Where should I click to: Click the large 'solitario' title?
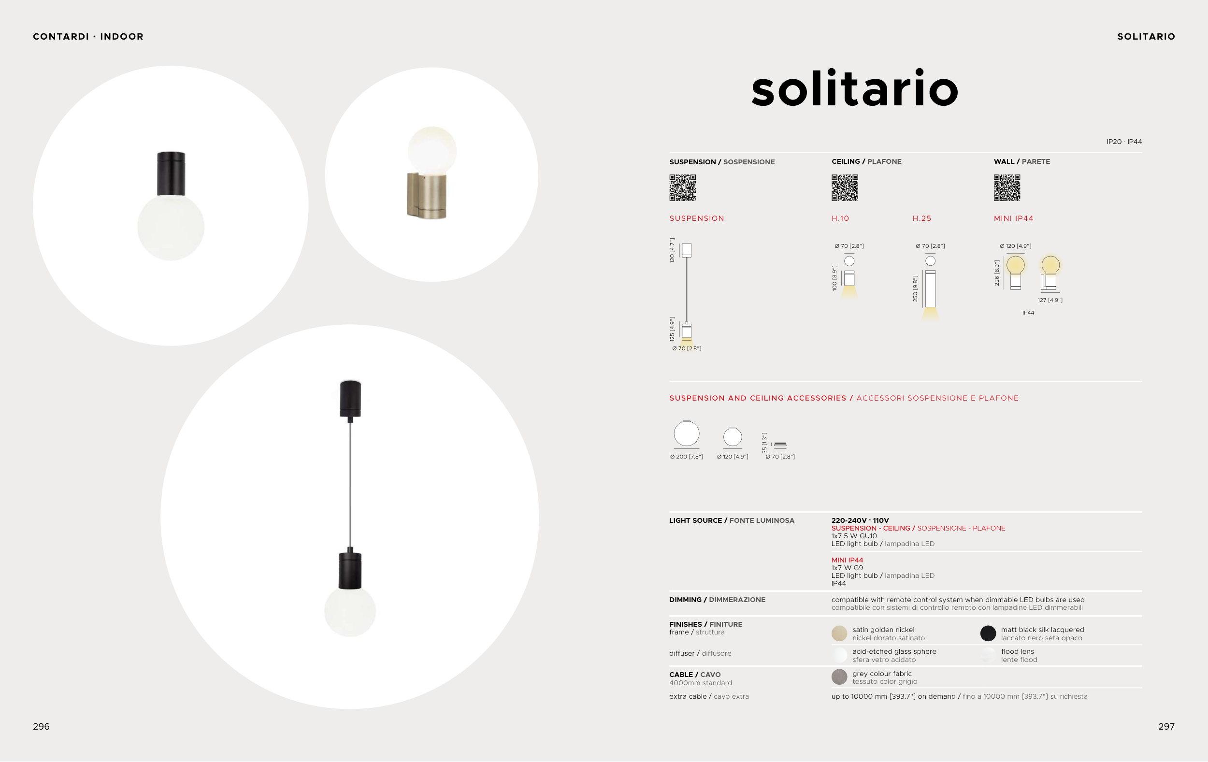(854, 88)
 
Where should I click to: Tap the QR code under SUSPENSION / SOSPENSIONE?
(683, 187)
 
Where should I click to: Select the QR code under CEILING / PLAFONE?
(845, 187)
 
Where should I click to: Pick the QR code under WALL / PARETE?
(1007, 187)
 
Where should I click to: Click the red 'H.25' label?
(921, 218)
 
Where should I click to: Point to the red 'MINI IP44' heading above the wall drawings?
(1013, 218)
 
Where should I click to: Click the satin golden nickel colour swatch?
(839, 633)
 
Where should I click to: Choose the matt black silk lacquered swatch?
(988, 633)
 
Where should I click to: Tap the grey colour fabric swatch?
(839, 677)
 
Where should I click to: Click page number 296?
(41, 726)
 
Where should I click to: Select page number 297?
(1166, 726)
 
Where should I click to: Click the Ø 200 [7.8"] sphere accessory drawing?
(686, 433)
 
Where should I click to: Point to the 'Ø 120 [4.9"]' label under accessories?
(733, 457)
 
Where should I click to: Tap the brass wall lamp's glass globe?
(432, 150)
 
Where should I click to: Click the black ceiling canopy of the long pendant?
(350, 399)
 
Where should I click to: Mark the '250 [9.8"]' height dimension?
(915, 288)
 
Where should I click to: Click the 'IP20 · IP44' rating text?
(1124, 142)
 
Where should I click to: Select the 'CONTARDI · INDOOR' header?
(88, 37)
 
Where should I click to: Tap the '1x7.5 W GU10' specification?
(854, 536)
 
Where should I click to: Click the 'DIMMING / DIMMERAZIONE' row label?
(718, 600)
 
